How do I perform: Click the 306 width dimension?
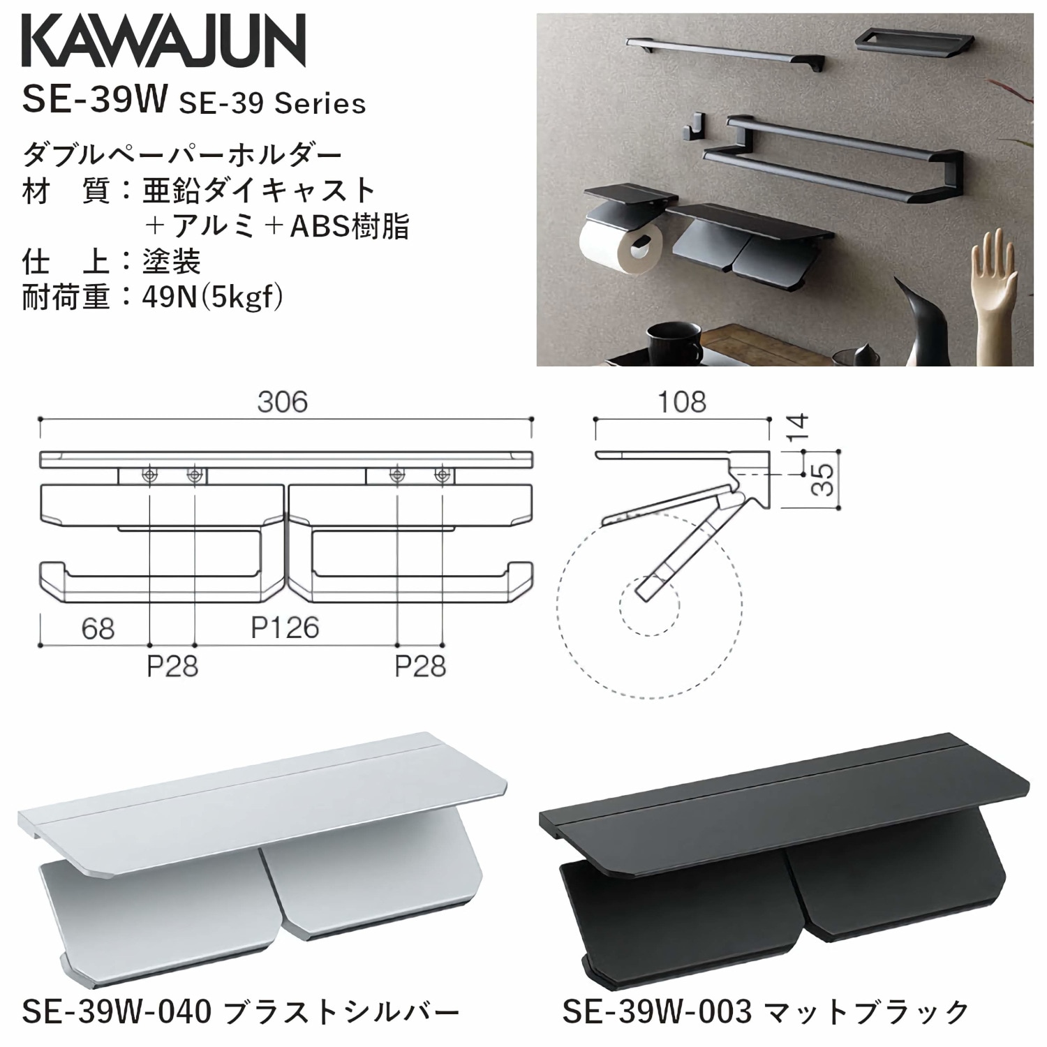tap(282, 402)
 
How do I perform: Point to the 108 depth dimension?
tap(681, 402)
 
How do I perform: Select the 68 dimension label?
tap(98, 629)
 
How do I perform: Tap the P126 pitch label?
tap(285, 628)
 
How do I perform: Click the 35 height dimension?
tap(825, 479)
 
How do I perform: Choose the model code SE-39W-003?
tap(657, 1011)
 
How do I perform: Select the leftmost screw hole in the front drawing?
tap(150, 475)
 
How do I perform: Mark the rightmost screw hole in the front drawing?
tap(441, 475)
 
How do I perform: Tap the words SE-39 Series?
tap(272, 104)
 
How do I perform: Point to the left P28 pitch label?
tap(172, 667)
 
